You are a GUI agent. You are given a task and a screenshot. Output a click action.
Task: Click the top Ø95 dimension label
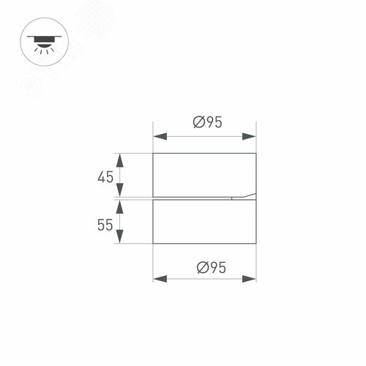(x=207, y=123)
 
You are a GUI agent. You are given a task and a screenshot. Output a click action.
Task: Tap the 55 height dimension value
(x=105, y=225)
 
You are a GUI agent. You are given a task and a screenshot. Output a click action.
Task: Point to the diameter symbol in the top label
(x=198, y=123)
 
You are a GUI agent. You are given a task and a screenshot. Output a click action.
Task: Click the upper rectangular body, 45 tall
(x=204, y=175)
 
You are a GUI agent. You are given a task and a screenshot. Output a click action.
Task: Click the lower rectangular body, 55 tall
(x=204, y=222)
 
